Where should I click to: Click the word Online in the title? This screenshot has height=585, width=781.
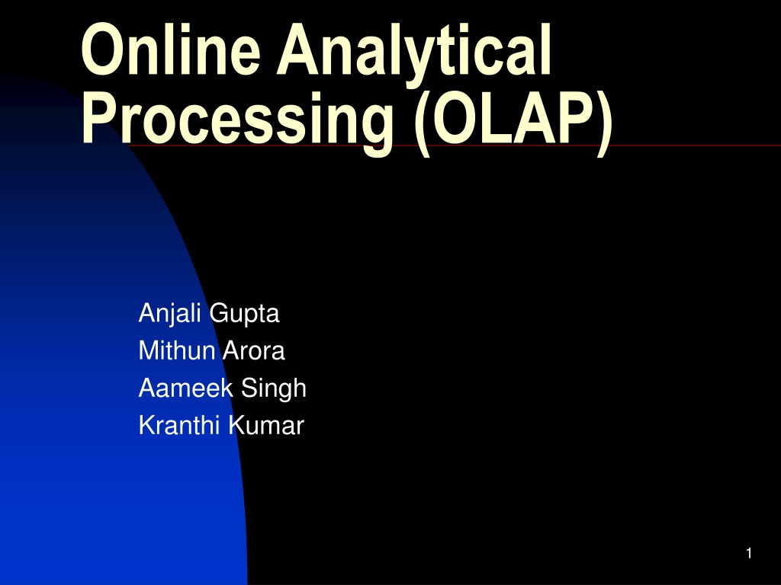(x=171, y=50)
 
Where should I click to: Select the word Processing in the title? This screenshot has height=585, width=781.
(x=238, y=123)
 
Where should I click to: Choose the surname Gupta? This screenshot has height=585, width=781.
(x=245, y=314)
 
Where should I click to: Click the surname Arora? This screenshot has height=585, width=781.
(x=254, y=350)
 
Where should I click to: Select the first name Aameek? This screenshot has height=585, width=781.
(x=185, y=388)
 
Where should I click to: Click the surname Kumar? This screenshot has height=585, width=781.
(x=266, y=425)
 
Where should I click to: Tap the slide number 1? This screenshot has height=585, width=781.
(x=749, y=553)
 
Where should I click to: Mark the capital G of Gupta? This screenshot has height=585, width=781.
(x=220, y=313)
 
